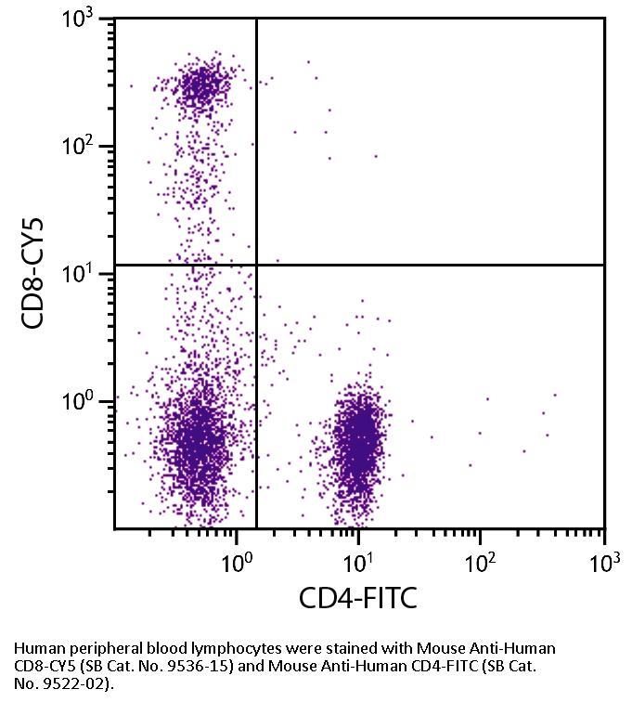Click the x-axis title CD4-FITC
(357, 598)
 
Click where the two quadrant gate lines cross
(256, 266)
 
